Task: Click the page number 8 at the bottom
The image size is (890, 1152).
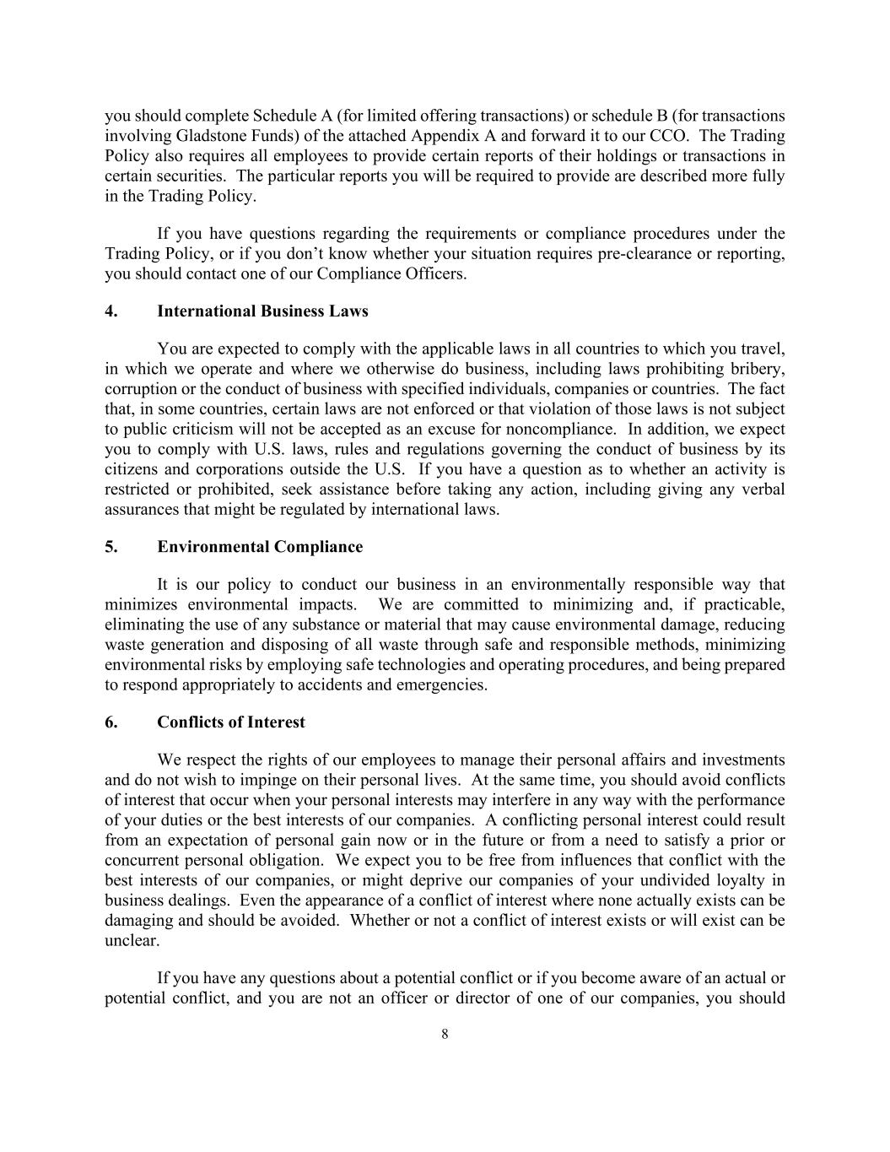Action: click(x=445, y=1035)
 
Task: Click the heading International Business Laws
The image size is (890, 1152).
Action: click(x=262, y=311)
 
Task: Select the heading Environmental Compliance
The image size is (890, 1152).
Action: click(x=260, y=547)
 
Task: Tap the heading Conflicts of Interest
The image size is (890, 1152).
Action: click(x=231, y=722)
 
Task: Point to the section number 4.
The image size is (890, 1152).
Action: click(x=111, y=311)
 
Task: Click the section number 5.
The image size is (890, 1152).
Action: click(x=111, y=547)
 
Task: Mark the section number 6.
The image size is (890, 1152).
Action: click(x=111, y=722)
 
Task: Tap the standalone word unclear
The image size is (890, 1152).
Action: click(x=132, y=941)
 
